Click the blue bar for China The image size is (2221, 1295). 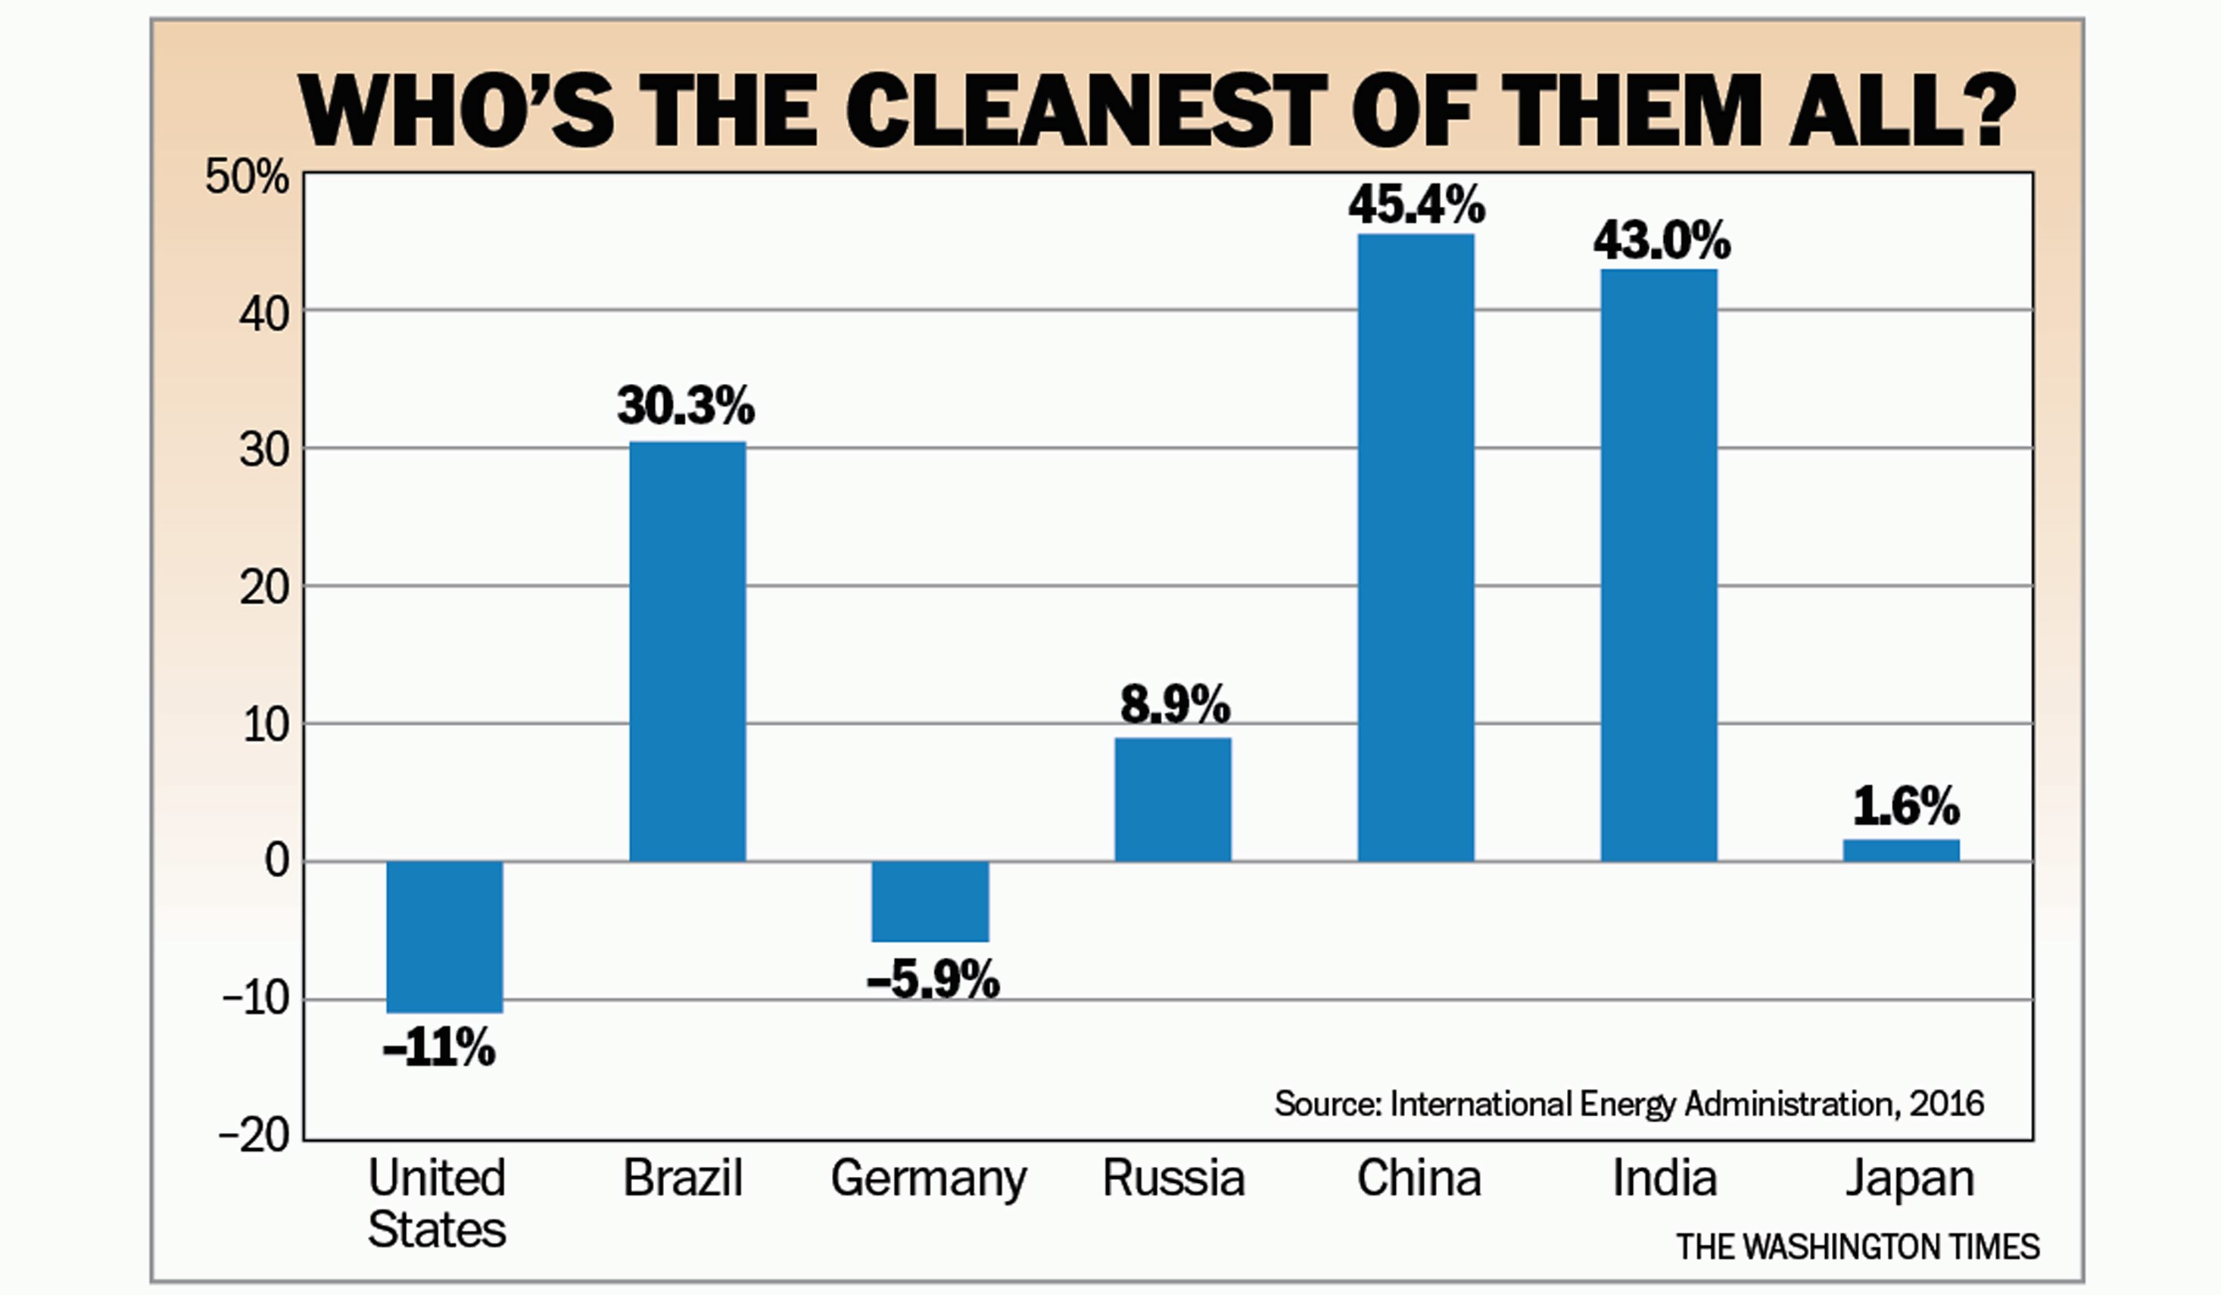coord(1416,547)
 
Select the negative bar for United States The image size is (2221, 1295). coord(445,936)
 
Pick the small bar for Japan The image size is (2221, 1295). coord(1901,850)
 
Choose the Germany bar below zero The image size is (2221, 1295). coord(930,901)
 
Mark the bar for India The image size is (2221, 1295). coord(1659,564)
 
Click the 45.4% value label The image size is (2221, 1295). coord(1416,206)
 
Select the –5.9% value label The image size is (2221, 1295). coord(933,980)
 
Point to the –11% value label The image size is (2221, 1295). coord(439,1049)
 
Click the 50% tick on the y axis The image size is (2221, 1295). coord(247,177)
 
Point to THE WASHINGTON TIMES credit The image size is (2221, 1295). coord(1858,1247)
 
